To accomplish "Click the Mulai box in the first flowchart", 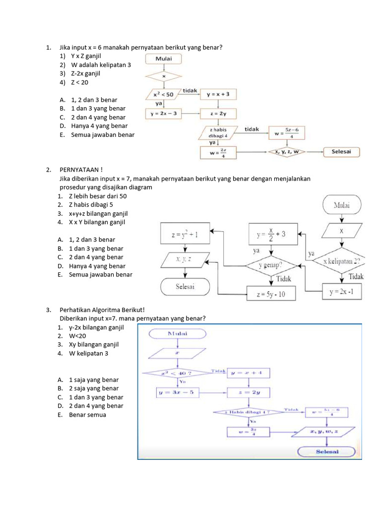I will pyautogui.click(x=164, y=59).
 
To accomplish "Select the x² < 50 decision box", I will pyautogui.click(x=164, y=94).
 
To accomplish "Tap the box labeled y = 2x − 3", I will pyautogui.click(x=164, y=114).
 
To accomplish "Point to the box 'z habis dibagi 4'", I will pyautogui.click(x=219, y=132).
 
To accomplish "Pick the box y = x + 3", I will pyautogui.click(x=218, y=94).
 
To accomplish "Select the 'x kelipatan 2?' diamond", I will pyautogui.click(x=341, y=261).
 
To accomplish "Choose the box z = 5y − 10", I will pyautogui.click(x=271, y=293).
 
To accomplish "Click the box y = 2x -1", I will pyautogui.click(x=341, y=292).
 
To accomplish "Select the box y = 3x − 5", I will pyautogui.click(x=177, y=393).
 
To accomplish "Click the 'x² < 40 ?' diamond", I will pyautogui.click(x=177, y=372).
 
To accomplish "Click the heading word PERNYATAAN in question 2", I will pyautogui.click(x=79, y=170).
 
